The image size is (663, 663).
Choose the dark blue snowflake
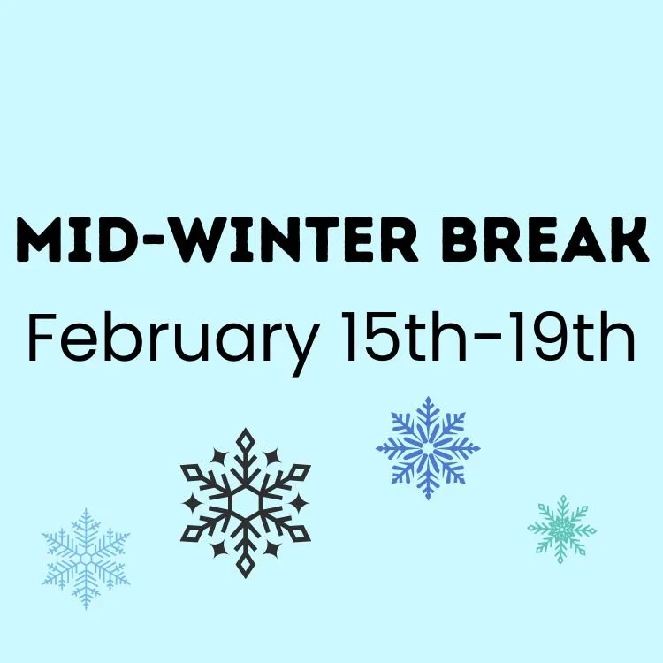point(429,447)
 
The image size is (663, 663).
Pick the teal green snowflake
point(562,529)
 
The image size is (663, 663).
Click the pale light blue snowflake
point(86,558)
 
